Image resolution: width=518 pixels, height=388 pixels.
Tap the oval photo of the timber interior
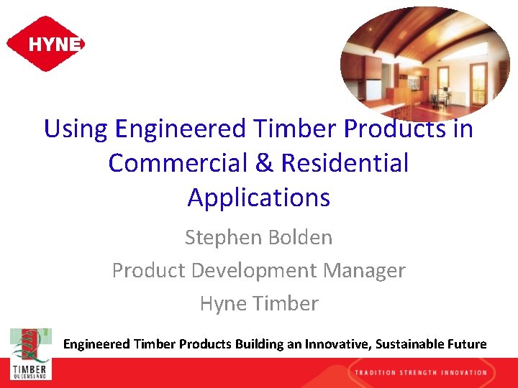click(424, 61)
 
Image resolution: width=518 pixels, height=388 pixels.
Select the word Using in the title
click(76, 129)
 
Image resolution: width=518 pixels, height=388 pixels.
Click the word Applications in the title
click(258, 197)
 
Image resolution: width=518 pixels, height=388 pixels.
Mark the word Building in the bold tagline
click(258, 344)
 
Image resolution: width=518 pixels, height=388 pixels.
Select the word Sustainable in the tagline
click(410, 344)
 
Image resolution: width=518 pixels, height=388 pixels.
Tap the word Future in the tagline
click(467, 344)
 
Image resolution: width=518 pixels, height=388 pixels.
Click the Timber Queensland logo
click(30, 354)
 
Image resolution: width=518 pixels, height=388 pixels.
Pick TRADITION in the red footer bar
click(378, 372)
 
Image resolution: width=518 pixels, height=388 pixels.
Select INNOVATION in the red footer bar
click(469, 372)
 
